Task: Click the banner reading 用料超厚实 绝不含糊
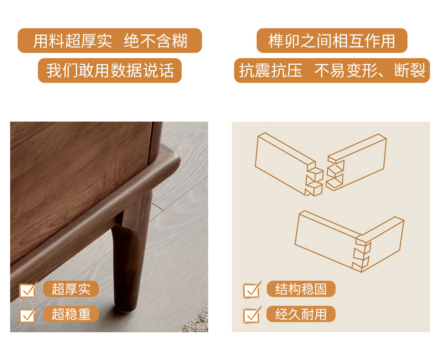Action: [x=110, y=41]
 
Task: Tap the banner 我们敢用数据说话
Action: [x=110, y=70]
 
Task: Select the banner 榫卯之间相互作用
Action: [x=332, y=41]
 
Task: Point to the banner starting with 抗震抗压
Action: [x=332, y=70]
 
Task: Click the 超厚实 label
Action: [x=71, y=289]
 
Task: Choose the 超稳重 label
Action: [x=71, y=314]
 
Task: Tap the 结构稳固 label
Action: [x=301, y=289]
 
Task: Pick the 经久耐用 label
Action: [x=301, y=314]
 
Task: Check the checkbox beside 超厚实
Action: [x=28, y=290]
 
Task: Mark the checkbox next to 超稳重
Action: [x=28, y=315]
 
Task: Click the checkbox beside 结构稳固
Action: [x=252, y=290]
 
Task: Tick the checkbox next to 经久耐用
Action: [x=252, y=315]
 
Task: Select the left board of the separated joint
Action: [x=289, y=164]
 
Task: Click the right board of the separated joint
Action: [x=356, y=162]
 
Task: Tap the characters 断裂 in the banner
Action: [x=410, y=70]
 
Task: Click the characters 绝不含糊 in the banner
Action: [x=156, y=41]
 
